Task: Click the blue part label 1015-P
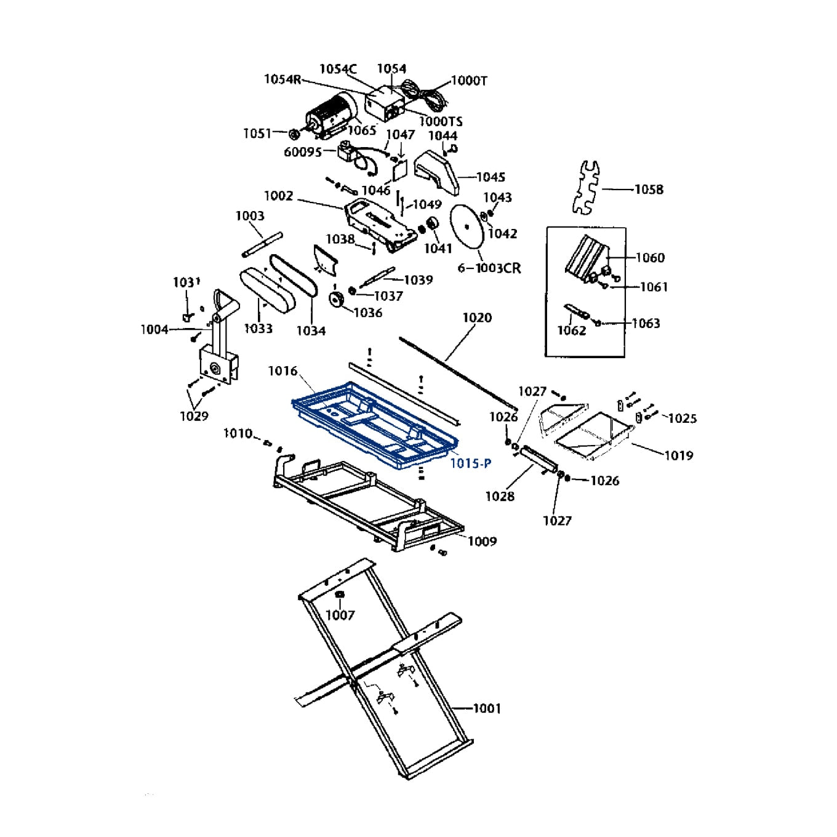pyautogui.click(x=471, y=463)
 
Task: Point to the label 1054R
pyautogui.click(x=282, y=79)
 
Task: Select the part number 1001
pyautogui.click(x=487, y=708)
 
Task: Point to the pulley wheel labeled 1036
pyautogui.click(x=337, y=300)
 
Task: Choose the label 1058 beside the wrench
pyautogui.click(x=649, y=190)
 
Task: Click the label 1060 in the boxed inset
pyautogui.click(x=650, y=258)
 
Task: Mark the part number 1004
pyautogui.click(x=154, y=330)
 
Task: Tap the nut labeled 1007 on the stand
pyautogui.click(x=339, y=595)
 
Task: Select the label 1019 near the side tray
pyautogui.click(x=678, y=455)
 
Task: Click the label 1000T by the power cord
pyautogui.click(x=469, y=81)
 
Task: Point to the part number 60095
pyautogui.click(x=302, y=152)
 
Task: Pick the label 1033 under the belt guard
pyautogui.click(x=258, y=329)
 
